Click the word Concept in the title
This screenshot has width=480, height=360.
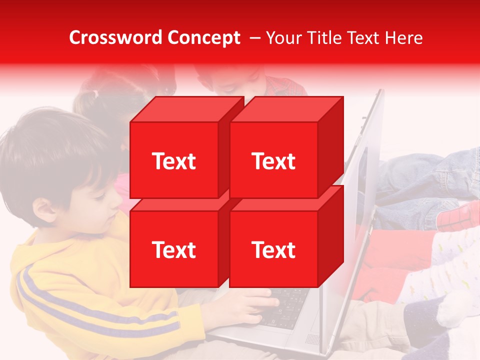click(x=203, y=38)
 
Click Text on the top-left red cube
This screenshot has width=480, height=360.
click(x=174, y=161)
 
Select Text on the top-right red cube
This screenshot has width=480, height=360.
click(x=273, y=161)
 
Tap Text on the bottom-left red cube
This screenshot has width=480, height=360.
click(x=174, y=249)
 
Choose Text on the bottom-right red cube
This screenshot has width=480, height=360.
click(x=273, y=249)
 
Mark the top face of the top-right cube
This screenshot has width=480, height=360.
click(x=287, y=109)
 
